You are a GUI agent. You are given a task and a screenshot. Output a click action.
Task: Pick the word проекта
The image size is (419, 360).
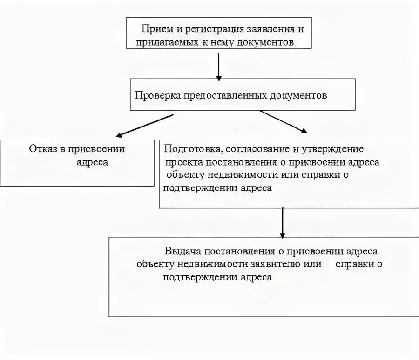point(182,162)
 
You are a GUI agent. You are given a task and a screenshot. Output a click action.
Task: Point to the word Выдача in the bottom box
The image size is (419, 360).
point(182,251)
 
